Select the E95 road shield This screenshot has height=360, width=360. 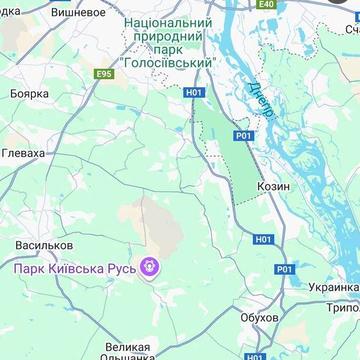(105, 74)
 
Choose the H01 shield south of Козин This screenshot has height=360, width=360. (263, 239)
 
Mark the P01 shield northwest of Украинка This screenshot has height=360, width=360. (285, 269)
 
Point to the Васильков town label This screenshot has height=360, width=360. (45, 244)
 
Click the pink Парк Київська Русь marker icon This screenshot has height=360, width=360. (151, 267)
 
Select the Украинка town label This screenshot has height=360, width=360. (332, 287)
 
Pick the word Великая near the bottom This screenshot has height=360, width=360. (127, 347)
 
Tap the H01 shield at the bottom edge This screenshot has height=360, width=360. (256, 355)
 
